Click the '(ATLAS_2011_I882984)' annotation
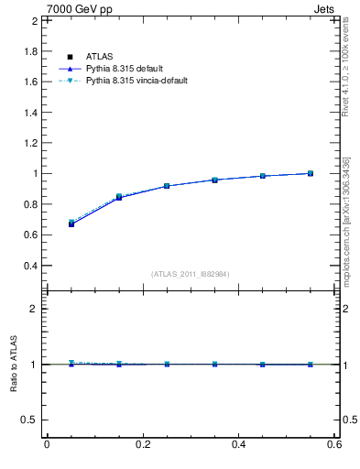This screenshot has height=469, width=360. (x=191, y=274)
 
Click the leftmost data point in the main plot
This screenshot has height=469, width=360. (x=71, y=223)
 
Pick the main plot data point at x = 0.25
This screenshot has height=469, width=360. (x=168, y=186)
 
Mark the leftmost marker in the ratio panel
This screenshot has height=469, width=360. (x=71, y=364)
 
